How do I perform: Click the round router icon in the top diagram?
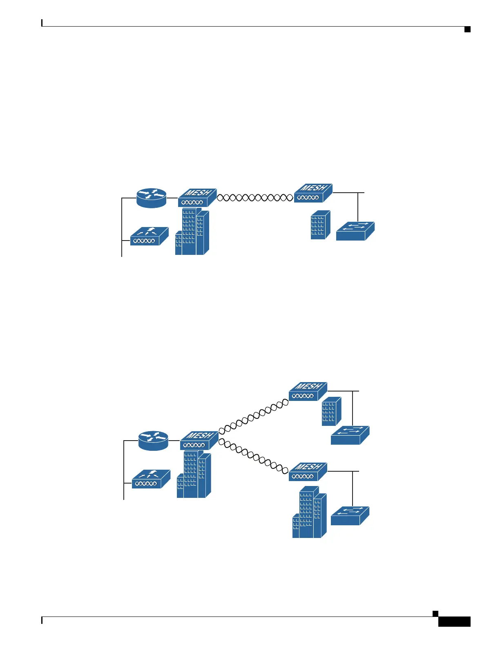click(152, 198)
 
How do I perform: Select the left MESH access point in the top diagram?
click(197, 198)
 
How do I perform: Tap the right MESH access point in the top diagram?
click(313, 193)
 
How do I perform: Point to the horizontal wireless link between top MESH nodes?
click(255, 198)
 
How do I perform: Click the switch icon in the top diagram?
click(355, 231)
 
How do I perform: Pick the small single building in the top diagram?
click(320, 225)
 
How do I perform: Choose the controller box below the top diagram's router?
click(149, 236)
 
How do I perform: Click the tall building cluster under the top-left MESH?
click(192, 232)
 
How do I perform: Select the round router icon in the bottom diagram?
click(153, 441)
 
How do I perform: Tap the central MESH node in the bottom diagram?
click(199, 440)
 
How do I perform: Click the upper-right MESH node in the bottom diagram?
click(308, 391)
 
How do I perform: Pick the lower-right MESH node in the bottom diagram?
click(308, 472)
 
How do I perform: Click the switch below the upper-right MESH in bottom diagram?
click(350, 435)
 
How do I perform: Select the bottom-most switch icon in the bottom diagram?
click(350, 516)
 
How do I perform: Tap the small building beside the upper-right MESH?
click(331, 411)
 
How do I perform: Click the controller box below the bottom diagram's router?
click(151, 479)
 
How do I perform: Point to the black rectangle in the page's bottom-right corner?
click(454, 622)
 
